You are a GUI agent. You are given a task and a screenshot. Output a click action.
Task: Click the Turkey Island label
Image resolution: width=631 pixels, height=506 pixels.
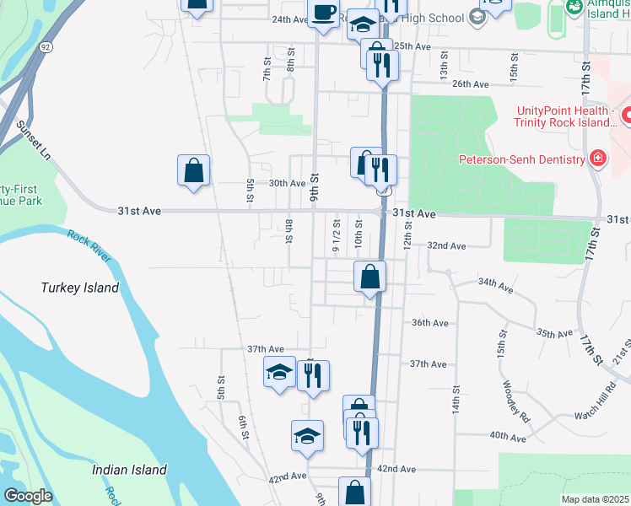80,288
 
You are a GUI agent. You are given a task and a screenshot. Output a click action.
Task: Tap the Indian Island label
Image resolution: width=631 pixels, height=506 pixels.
130,470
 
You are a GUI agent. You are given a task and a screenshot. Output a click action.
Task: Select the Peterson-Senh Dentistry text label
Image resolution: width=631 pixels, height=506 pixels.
521,159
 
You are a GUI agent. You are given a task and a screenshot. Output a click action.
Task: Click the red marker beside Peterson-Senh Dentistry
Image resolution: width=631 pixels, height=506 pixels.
598,159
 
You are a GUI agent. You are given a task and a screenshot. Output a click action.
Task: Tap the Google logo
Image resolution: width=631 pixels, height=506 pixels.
28,496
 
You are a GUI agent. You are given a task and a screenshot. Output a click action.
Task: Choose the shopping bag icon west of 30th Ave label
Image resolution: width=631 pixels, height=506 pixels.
194,170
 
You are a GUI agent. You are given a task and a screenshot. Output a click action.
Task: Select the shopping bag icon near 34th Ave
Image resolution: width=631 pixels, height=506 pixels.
370,277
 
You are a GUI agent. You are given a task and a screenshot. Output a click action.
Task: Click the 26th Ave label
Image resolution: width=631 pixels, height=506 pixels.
471,84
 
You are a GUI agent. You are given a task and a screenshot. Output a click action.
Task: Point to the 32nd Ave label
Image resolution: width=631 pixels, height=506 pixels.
446,246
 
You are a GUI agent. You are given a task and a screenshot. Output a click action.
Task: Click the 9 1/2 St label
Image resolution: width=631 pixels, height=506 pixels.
337,235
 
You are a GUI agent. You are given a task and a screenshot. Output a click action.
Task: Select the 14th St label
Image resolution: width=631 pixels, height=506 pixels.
456,401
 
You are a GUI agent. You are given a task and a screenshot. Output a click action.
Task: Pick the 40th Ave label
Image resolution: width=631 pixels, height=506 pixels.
507,437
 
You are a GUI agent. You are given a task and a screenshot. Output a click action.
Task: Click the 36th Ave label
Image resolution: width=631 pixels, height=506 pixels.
429,323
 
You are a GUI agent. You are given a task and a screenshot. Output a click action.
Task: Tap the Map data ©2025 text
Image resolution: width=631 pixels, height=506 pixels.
596,499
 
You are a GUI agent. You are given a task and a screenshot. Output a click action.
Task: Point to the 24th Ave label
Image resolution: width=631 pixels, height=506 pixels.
289,19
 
